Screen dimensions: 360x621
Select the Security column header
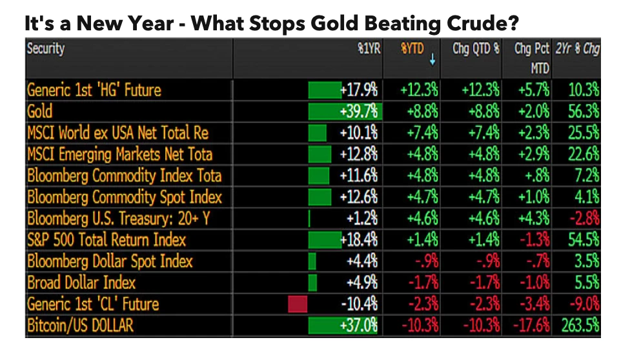coord(46,49)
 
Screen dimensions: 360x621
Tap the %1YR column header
coord(367,49)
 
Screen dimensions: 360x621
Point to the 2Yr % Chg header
coord(577,49)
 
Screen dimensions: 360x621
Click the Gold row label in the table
coord(40,112)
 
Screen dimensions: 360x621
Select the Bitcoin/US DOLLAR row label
coord(80,325)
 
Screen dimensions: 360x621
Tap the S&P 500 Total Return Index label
coord(107,240)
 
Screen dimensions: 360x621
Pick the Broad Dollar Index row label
coord(81,283)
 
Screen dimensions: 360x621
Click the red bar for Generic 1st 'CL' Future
coord(298,304)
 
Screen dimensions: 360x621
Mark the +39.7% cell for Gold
coord(360,112)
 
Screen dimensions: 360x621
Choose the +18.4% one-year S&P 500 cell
coord(360,240)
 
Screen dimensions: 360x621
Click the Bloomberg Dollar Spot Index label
coord(110,261)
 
